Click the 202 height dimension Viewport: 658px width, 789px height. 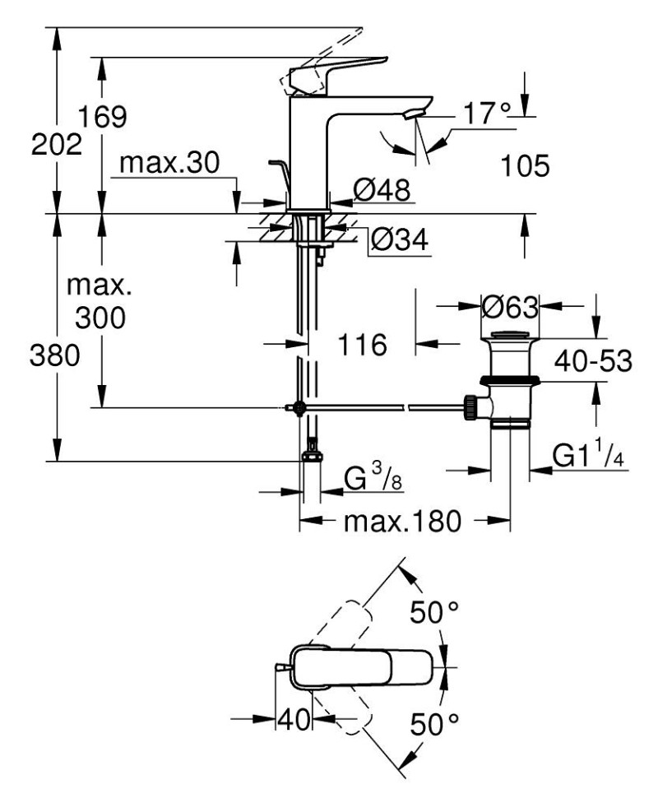(x=56, y=146)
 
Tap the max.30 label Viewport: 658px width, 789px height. (x=169, y=164)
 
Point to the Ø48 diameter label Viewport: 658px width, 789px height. (x=381, y=191)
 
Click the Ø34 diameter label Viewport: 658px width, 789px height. (x=398, y=240)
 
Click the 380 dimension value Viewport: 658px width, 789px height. (x=56, y=355)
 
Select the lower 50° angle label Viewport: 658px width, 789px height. (x=433, y=724)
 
